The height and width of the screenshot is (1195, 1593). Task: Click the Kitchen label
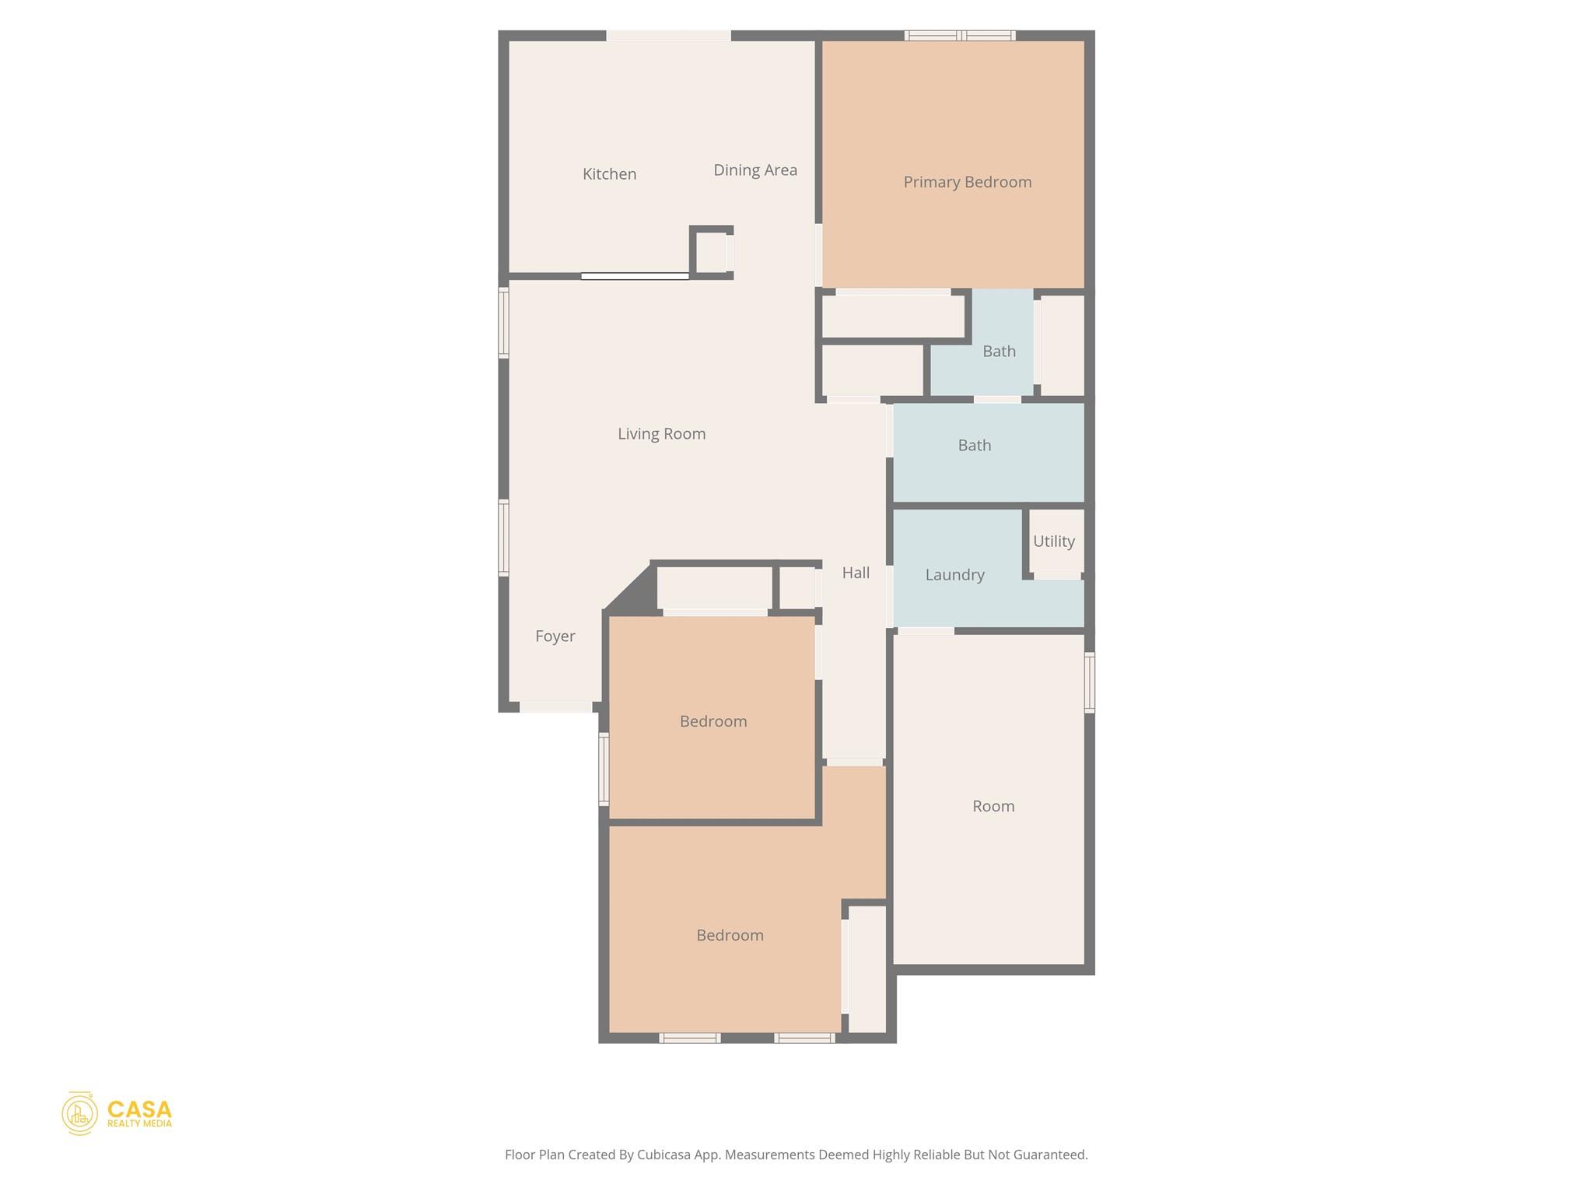(609, 174)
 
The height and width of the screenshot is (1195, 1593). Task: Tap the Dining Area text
(754, 170)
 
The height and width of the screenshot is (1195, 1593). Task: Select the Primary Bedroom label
(967, 182)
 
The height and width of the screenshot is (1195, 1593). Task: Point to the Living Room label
(661, 434)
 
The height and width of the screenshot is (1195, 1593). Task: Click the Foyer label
(555, 636)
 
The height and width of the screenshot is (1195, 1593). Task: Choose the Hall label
(856, 573)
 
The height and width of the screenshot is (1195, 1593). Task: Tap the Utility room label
(1053, 541)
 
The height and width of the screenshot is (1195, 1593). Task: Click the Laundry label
(954, 575)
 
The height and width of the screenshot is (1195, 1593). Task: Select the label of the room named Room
(993, 807)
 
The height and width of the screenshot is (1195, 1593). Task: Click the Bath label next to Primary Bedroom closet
(999, 352)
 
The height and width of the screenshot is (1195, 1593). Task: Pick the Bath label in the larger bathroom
(974, 446)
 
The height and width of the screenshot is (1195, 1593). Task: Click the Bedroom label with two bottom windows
(729, 936)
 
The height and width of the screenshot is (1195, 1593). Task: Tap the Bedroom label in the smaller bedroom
(712, 722)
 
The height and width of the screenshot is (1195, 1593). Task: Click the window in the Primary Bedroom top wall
(960, 36)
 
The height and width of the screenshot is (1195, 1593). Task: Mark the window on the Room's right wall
(1089, 682)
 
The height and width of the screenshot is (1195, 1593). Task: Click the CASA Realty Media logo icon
(79, 1113)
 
